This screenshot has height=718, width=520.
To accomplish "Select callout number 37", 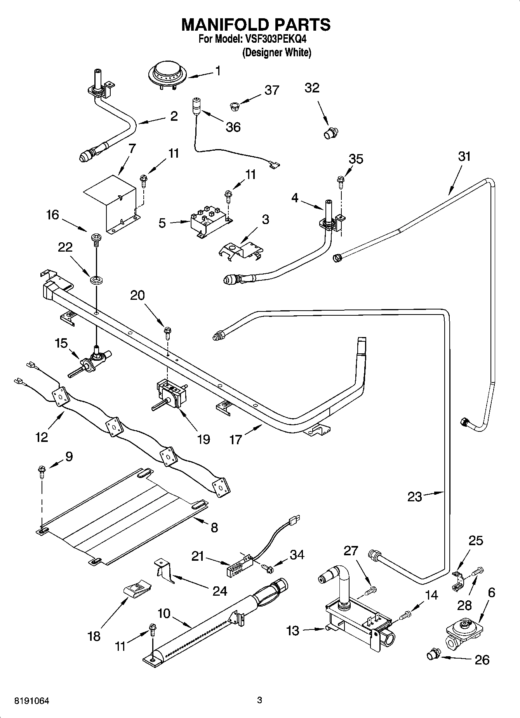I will click(271, 90).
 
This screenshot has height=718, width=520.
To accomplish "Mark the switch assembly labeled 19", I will click(171, 395).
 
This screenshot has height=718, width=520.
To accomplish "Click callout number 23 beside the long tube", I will click(414, 497).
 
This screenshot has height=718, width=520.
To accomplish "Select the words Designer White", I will click(277, 52).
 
